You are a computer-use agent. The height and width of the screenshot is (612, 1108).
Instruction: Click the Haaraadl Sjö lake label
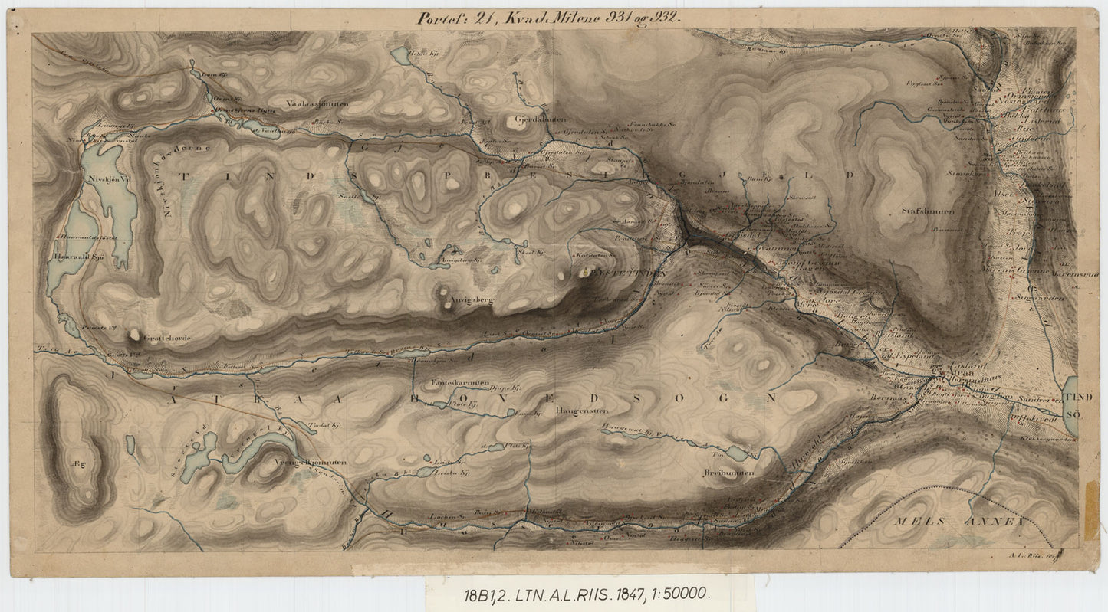pyautogui.click(x=79, y=257)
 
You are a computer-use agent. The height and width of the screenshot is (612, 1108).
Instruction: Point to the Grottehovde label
pyautogui.click(x=163, y=337)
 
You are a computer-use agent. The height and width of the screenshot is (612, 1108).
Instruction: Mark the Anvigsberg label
pyautogui.click(x=469, y=300)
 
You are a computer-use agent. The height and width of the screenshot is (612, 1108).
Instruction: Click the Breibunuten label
pyautogui.click(x=728, y=473)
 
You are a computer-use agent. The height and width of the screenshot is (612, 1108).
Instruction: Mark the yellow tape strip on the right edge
pyautogui.click(x=1091, y=512)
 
